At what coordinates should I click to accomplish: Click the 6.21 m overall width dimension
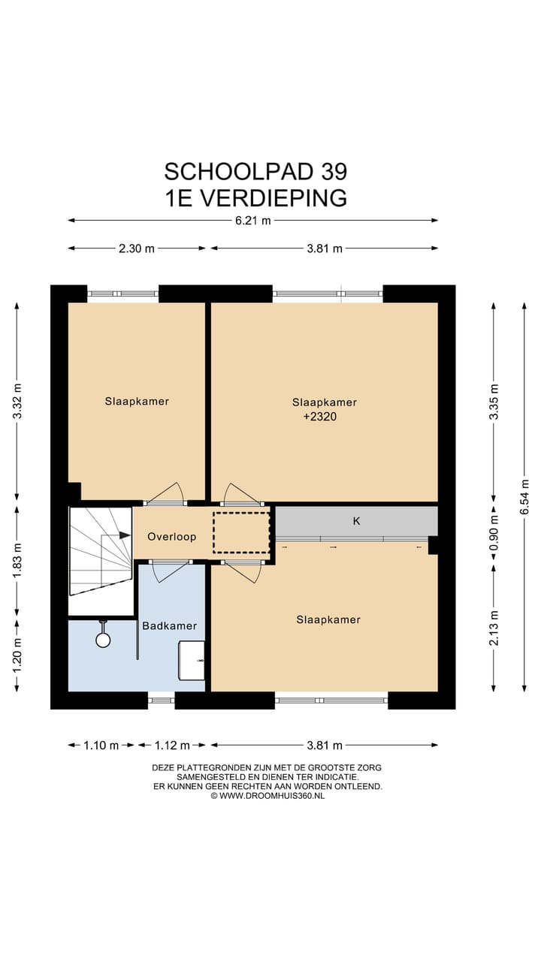253,221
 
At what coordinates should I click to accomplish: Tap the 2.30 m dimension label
137,249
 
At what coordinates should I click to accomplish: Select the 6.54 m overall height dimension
524,497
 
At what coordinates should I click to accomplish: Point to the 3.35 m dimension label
494,402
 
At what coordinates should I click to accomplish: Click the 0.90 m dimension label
494,532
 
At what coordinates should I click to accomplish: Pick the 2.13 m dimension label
494,628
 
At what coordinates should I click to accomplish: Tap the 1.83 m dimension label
17,560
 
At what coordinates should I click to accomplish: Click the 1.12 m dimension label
172,746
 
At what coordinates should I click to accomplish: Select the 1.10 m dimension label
101,746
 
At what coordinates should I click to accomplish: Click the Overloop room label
172,537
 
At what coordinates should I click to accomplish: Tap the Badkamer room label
170,626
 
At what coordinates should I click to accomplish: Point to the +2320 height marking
320,417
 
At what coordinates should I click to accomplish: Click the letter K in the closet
356,521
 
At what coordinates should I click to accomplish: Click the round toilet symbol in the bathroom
103,640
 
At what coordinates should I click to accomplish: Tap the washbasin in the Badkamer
192,660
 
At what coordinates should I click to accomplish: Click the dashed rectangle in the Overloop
241,532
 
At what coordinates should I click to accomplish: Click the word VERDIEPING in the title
274,199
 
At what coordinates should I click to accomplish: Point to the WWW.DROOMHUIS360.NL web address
272,796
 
